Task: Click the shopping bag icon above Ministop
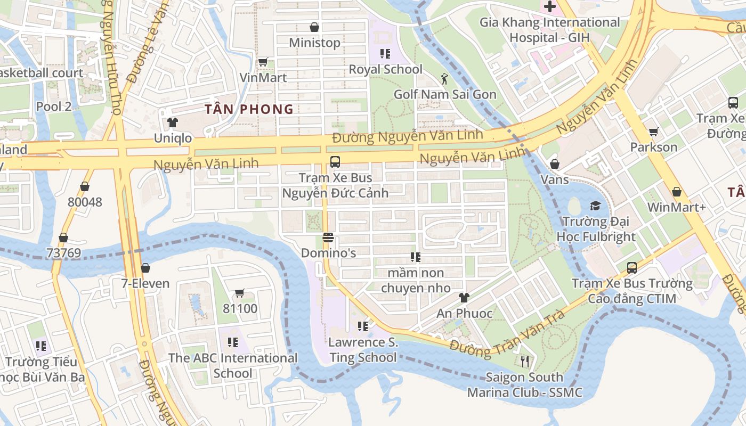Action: tap(314, 27)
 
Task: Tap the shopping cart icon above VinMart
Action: tap(263, 62)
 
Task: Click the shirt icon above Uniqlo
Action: tap(172, 122)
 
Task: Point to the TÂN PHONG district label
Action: tap(249, 109)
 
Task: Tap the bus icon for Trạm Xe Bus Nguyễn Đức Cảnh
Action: tap(335, 161)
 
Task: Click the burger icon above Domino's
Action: tap(328, 237)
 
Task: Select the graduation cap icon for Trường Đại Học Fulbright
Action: tap(595, 206)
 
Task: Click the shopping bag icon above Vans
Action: tap(555, 164)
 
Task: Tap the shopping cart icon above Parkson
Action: tap(653, 132)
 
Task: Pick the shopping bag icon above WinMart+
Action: tap(677, 192)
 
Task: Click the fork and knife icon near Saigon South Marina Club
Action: tap(525, 362)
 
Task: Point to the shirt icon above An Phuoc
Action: tap(464, 298)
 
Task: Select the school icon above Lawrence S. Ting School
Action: tap(363, 326)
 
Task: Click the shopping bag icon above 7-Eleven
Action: tap(145, 268)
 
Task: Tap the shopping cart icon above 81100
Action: tap(240, 293)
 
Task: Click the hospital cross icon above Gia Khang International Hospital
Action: tap(549, 7)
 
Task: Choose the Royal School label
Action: tap(385, 69)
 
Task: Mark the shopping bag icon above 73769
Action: tap(63, 237)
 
